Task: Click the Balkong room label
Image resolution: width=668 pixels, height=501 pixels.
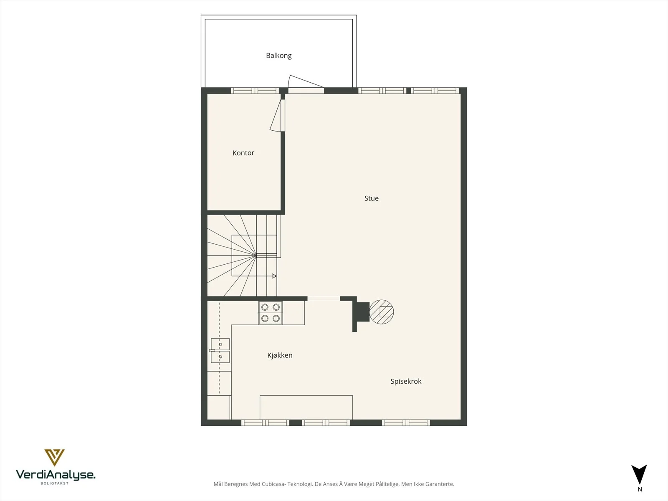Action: [x=279, y=56]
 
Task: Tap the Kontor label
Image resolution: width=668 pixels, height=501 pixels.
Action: [x=243, y=153]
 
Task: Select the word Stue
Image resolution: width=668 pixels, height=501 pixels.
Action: [x=371, y=198]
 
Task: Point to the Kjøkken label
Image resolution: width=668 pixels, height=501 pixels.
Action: [x=280, y=355]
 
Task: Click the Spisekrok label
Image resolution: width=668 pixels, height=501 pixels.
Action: [x=406, y=382]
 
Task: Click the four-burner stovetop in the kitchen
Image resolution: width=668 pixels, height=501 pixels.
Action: [x=271, y=313]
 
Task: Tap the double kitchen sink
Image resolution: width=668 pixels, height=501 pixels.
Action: [x=220, y=350]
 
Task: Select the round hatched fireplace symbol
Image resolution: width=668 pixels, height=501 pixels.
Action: [x=381, y=312]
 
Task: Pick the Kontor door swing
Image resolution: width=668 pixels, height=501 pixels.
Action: [x=277, y=116]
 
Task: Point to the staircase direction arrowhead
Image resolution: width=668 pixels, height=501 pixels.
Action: [x=274, y=276]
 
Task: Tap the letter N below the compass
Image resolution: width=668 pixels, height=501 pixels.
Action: [x=640, y=489]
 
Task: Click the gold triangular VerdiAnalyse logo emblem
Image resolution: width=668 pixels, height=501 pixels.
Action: [x=54, y=458]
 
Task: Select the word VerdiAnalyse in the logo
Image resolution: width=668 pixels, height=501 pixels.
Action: [x=56, y=475]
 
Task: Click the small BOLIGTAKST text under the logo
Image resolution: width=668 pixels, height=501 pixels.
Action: [x=54, y=483]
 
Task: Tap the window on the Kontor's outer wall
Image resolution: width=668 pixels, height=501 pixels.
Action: [x=255, y=90]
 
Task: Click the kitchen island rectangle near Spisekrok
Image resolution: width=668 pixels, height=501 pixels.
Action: [x=306, y=407]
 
